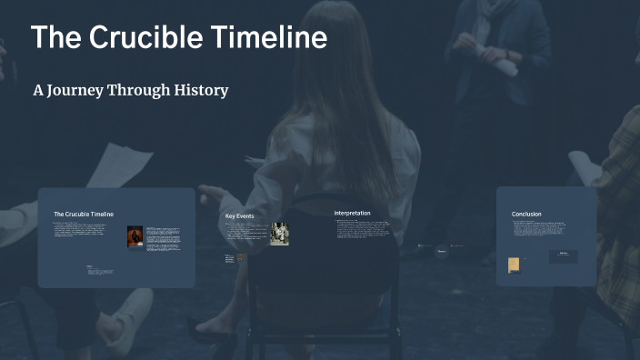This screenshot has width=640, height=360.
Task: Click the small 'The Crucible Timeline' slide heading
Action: tap(84, 214)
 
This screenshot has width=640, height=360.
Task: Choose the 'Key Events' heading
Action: tap(240, 216)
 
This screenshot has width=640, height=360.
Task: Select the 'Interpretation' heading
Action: tap(352, 213)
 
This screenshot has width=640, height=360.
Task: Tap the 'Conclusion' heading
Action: tap(526, 214)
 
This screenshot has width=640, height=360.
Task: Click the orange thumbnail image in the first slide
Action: tap(135, 236)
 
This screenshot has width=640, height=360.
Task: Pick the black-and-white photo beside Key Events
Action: tap(279, 234)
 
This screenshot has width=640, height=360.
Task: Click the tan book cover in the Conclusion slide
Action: tap(514, 265)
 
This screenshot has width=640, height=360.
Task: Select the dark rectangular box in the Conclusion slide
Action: tap(563, 256)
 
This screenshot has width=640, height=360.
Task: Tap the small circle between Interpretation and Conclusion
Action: tap(442, 251)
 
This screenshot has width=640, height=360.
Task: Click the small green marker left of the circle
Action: tap(420, 245)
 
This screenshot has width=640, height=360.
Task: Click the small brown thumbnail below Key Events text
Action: tap(240, 257)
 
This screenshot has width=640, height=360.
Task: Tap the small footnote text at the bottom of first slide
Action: tap(100, 270)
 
